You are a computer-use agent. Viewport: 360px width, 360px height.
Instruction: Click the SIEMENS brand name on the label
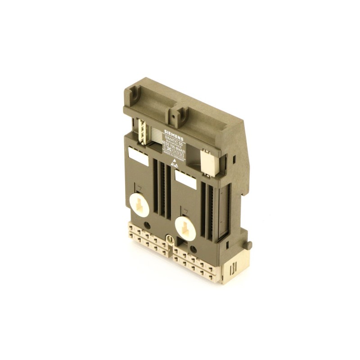[173, 132]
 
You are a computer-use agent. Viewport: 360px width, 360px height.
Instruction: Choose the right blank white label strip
[185, 180]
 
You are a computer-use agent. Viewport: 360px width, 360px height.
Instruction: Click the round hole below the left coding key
[147, 225]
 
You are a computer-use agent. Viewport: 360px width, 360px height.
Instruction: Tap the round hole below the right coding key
[193, 249]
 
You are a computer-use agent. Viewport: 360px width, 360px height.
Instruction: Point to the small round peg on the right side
[249, 246]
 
